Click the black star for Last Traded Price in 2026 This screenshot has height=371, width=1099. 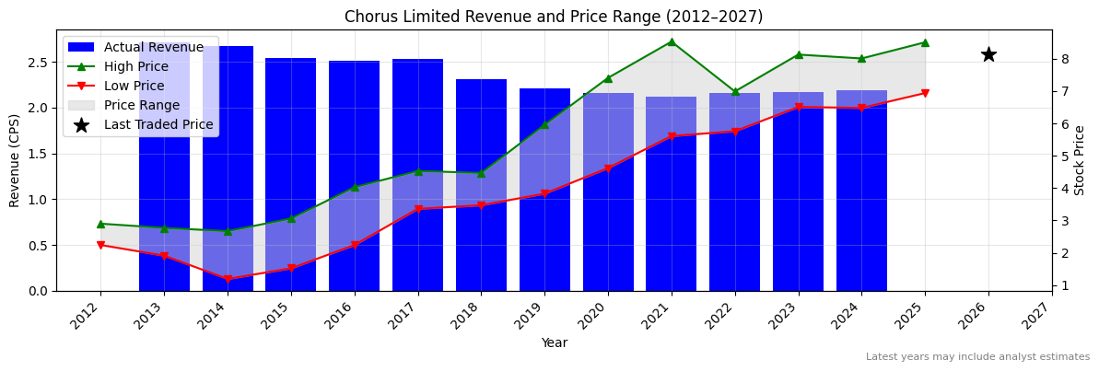point(988,54)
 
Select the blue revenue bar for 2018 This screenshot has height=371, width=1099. point(481,184)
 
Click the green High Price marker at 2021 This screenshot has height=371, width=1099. point(672,41)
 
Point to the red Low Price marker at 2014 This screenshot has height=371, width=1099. point(228,279)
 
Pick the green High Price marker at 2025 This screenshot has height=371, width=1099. point(925,42)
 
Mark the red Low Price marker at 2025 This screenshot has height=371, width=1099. point(925,93)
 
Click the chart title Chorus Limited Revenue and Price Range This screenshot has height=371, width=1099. point(554,17)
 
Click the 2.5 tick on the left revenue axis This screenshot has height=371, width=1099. point(37,63)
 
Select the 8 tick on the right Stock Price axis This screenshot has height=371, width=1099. point(1064,59)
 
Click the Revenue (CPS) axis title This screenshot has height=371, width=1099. point(15,160)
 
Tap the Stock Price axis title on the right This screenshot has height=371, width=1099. point(1080,160)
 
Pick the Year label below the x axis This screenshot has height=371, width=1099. point(554,342)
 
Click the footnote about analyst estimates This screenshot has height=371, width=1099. point(977,357)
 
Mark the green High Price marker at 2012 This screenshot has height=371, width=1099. point(100,224)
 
